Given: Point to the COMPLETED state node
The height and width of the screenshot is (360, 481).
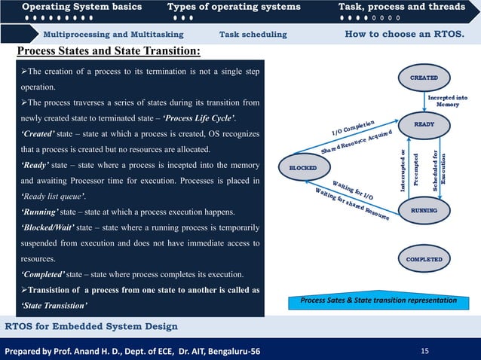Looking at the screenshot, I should click(424, 259).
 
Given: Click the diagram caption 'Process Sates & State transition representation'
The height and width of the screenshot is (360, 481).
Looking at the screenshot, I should click(378, 301).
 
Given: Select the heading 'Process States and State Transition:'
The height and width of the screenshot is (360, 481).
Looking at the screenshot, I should click(109, 51).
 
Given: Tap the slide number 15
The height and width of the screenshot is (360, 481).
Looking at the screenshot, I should click(424, 350).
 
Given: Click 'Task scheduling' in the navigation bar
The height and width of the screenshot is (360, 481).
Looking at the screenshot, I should click(253, 35).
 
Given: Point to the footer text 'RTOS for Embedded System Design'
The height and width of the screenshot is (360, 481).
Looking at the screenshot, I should click(91, 326).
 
